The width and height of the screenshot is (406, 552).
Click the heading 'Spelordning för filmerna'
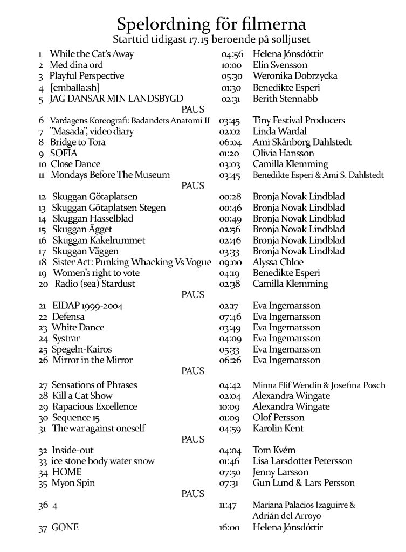[211, 24]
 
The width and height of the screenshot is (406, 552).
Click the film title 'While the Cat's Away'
[92, 54]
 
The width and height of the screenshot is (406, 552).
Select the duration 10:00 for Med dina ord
[229, 65]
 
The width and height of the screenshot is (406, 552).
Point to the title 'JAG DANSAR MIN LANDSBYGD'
[116, 99]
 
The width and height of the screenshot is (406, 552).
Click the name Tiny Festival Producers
[299, 120]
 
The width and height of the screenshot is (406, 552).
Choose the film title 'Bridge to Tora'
[78, 142]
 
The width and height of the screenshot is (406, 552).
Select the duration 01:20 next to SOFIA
[229, 153]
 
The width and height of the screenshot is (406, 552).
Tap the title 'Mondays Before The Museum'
[110, 175]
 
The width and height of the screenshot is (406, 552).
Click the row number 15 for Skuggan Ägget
[43, 230]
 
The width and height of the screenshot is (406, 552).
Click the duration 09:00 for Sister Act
[229, 263]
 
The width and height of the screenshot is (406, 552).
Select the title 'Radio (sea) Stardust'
[94, 284]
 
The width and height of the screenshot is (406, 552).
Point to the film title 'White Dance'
[78, 327]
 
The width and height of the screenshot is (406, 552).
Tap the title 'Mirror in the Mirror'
[92, 360]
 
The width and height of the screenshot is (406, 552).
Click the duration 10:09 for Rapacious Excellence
[229, 407]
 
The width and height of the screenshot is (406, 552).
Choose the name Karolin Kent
[278, 429]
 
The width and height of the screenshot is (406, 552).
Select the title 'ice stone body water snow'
[103, 461]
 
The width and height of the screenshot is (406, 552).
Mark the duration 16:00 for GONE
[229, 528]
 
